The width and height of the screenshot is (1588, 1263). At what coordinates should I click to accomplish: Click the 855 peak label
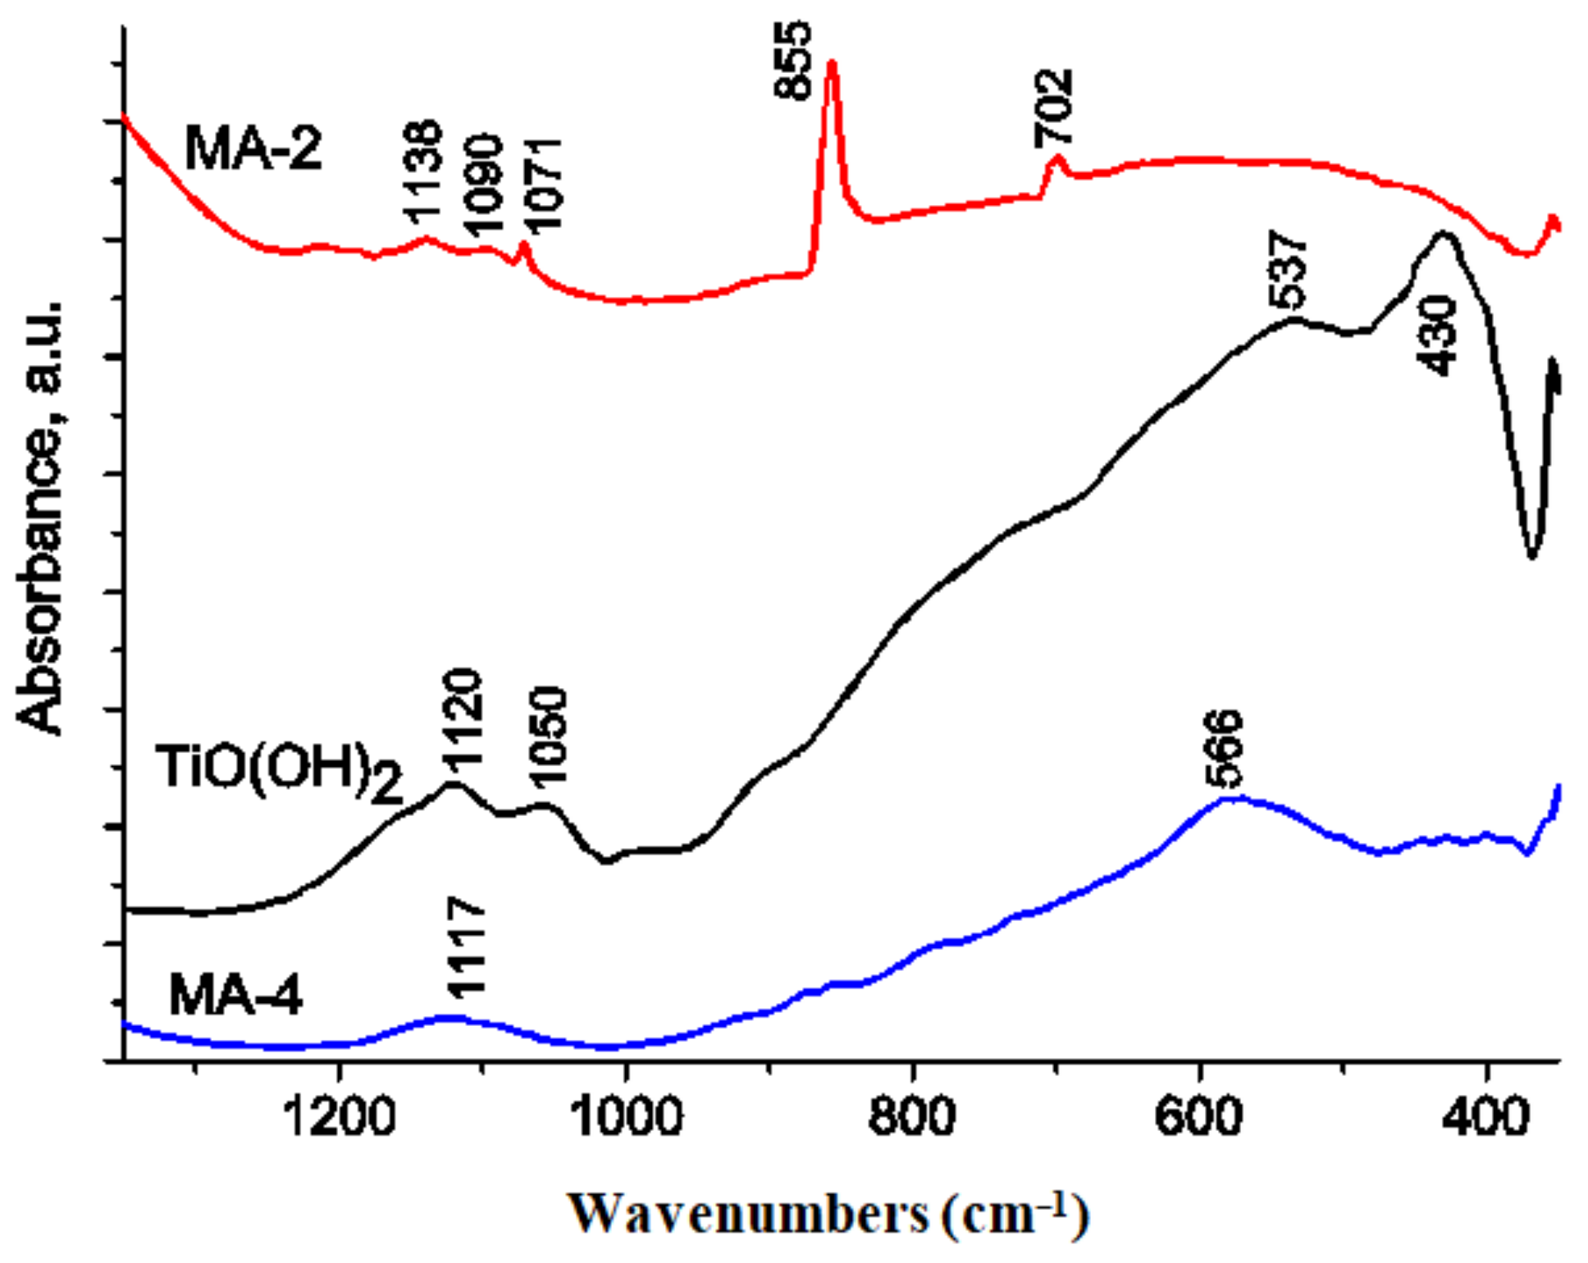coord(793,61)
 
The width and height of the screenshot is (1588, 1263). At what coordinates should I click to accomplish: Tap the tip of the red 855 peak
coord(832,63)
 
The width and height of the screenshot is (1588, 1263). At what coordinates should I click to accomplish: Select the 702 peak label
coord(1053,108)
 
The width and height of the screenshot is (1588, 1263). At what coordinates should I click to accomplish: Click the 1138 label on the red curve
coord(423,172)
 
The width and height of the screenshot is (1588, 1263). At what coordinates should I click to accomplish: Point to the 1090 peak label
coord(482,185)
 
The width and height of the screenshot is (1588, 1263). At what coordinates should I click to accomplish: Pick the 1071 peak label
coord(543,185)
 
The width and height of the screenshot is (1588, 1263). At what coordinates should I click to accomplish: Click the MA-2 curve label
coord(253,148)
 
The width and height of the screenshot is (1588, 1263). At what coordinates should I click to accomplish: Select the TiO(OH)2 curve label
coord(280,771)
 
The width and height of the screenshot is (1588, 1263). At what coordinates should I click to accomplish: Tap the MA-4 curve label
coord(235,996)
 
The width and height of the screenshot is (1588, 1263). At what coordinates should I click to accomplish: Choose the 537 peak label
coord(1288,269)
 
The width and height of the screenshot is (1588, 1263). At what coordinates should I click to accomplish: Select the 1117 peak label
coord(468,948)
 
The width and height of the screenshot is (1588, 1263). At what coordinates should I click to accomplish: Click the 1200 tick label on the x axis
coord(340,1118)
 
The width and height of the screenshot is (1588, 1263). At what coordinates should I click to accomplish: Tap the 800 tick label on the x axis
coord(912,1118)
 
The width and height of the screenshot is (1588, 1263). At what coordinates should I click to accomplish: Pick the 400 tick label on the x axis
coord(1486,1118)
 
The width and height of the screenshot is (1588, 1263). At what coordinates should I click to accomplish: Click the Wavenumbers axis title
coord(828,1214)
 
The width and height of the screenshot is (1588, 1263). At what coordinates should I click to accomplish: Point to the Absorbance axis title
coord(39,517)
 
